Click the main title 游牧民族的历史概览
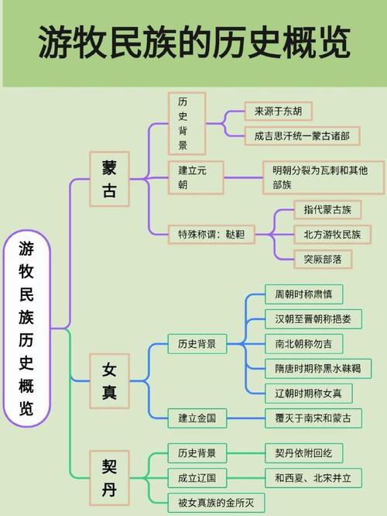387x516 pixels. click(194, 43)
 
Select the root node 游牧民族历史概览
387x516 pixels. click(26, 328)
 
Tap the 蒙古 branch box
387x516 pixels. click(109, 179)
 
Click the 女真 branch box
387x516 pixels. click(109, 381)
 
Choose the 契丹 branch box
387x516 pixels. click(109, 478)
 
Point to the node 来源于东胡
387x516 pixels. click(278, 112)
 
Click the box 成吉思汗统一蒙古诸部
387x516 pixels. click(302, 136)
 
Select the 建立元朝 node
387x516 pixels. click(196, 177)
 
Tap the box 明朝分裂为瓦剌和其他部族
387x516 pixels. click(324, 177)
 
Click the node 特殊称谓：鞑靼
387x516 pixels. click(211, 235)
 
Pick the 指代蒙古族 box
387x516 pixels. click(327, 210)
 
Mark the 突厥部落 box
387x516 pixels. click(323, 260)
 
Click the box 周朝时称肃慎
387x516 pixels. click(304, 294)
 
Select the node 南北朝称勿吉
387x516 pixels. click(304, 344)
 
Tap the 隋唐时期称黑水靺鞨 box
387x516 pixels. click(318, 369)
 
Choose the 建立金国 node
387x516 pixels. click(197, 418)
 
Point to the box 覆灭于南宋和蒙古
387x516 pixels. click(313, 418)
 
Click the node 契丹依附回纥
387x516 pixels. click(304, 453)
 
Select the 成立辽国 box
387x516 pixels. click(197, 478)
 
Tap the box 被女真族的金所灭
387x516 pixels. click(216, 503)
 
